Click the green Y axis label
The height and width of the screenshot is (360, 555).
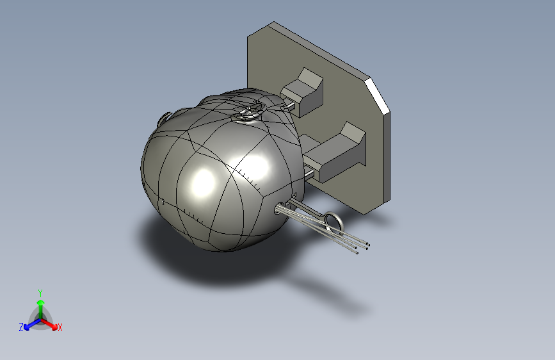(40, 292)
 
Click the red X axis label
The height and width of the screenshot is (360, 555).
(60, 328)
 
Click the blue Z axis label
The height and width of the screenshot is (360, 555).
(21, 327)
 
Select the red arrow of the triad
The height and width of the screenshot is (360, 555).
(51, 323)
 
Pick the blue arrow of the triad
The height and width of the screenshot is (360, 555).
(29, 323)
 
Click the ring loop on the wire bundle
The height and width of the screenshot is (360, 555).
(334, 222)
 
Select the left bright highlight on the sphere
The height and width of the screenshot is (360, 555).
(203, 182)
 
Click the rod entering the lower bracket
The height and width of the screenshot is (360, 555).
(310, 170)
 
